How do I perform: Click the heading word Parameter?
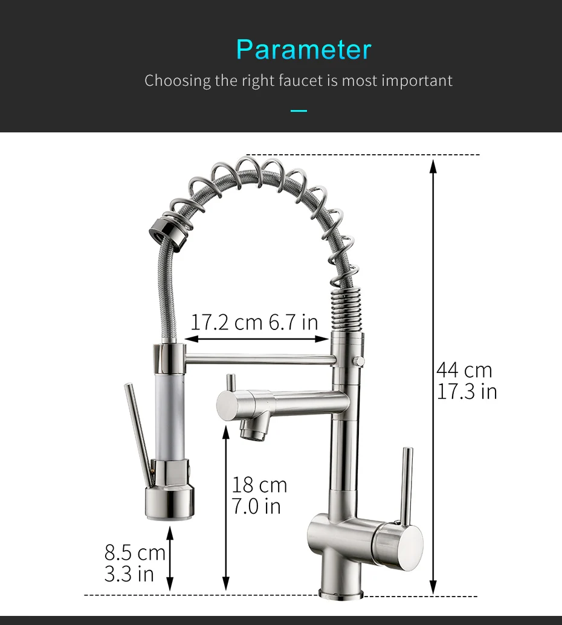[x=304, y=50]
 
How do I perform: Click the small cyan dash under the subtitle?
[x=299, y=111]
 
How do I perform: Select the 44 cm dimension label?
[x=464, y=371]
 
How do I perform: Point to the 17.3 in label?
[x=467, y=392]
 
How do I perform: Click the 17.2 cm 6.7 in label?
[x=254, y=322]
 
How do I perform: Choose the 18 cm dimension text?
[x=259, y=485]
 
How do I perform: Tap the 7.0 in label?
[x=256, y=506]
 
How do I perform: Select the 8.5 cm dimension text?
[x=135, y=553]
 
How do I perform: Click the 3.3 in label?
[x=129, y=574]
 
